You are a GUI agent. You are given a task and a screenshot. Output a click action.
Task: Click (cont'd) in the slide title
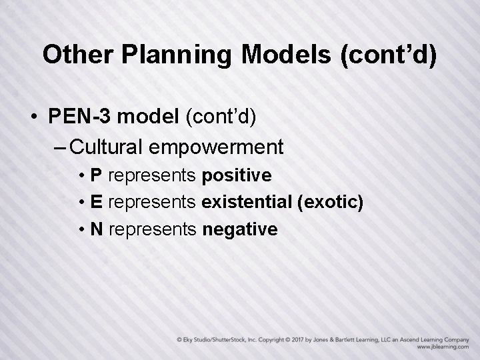[x=389, y=55]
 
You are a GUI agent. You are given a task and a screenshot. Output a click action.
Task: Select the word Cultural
[x=109, y=145]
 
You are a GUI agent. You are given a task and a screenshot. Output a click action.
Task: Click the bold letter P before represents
[x=96, y=175]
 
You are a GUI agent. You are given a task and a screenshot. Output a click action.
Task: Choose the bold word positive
[x=236, y=175]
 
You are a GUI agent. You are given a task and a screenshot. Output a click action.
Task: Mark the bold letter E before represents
[x=96, y=202]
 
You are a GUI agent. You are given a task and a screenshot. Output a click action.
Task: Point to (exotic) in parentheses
[x=329, y=202]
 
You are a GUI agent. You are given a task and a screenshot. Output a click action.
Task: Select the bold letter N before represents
[x=97, y=229]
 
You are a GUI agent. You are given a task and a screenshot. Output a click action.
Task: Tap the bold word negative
[x=239, y=229]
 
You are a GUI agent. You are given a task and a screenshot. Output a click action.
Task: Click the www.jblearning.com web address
[x=441, y=347]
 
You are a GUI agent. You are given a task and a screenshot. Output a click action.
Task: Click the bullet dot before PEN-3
[x=33, y=117]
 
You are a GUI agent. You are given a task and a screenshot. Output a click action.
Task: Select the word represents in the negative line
[x=152, y=229]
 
